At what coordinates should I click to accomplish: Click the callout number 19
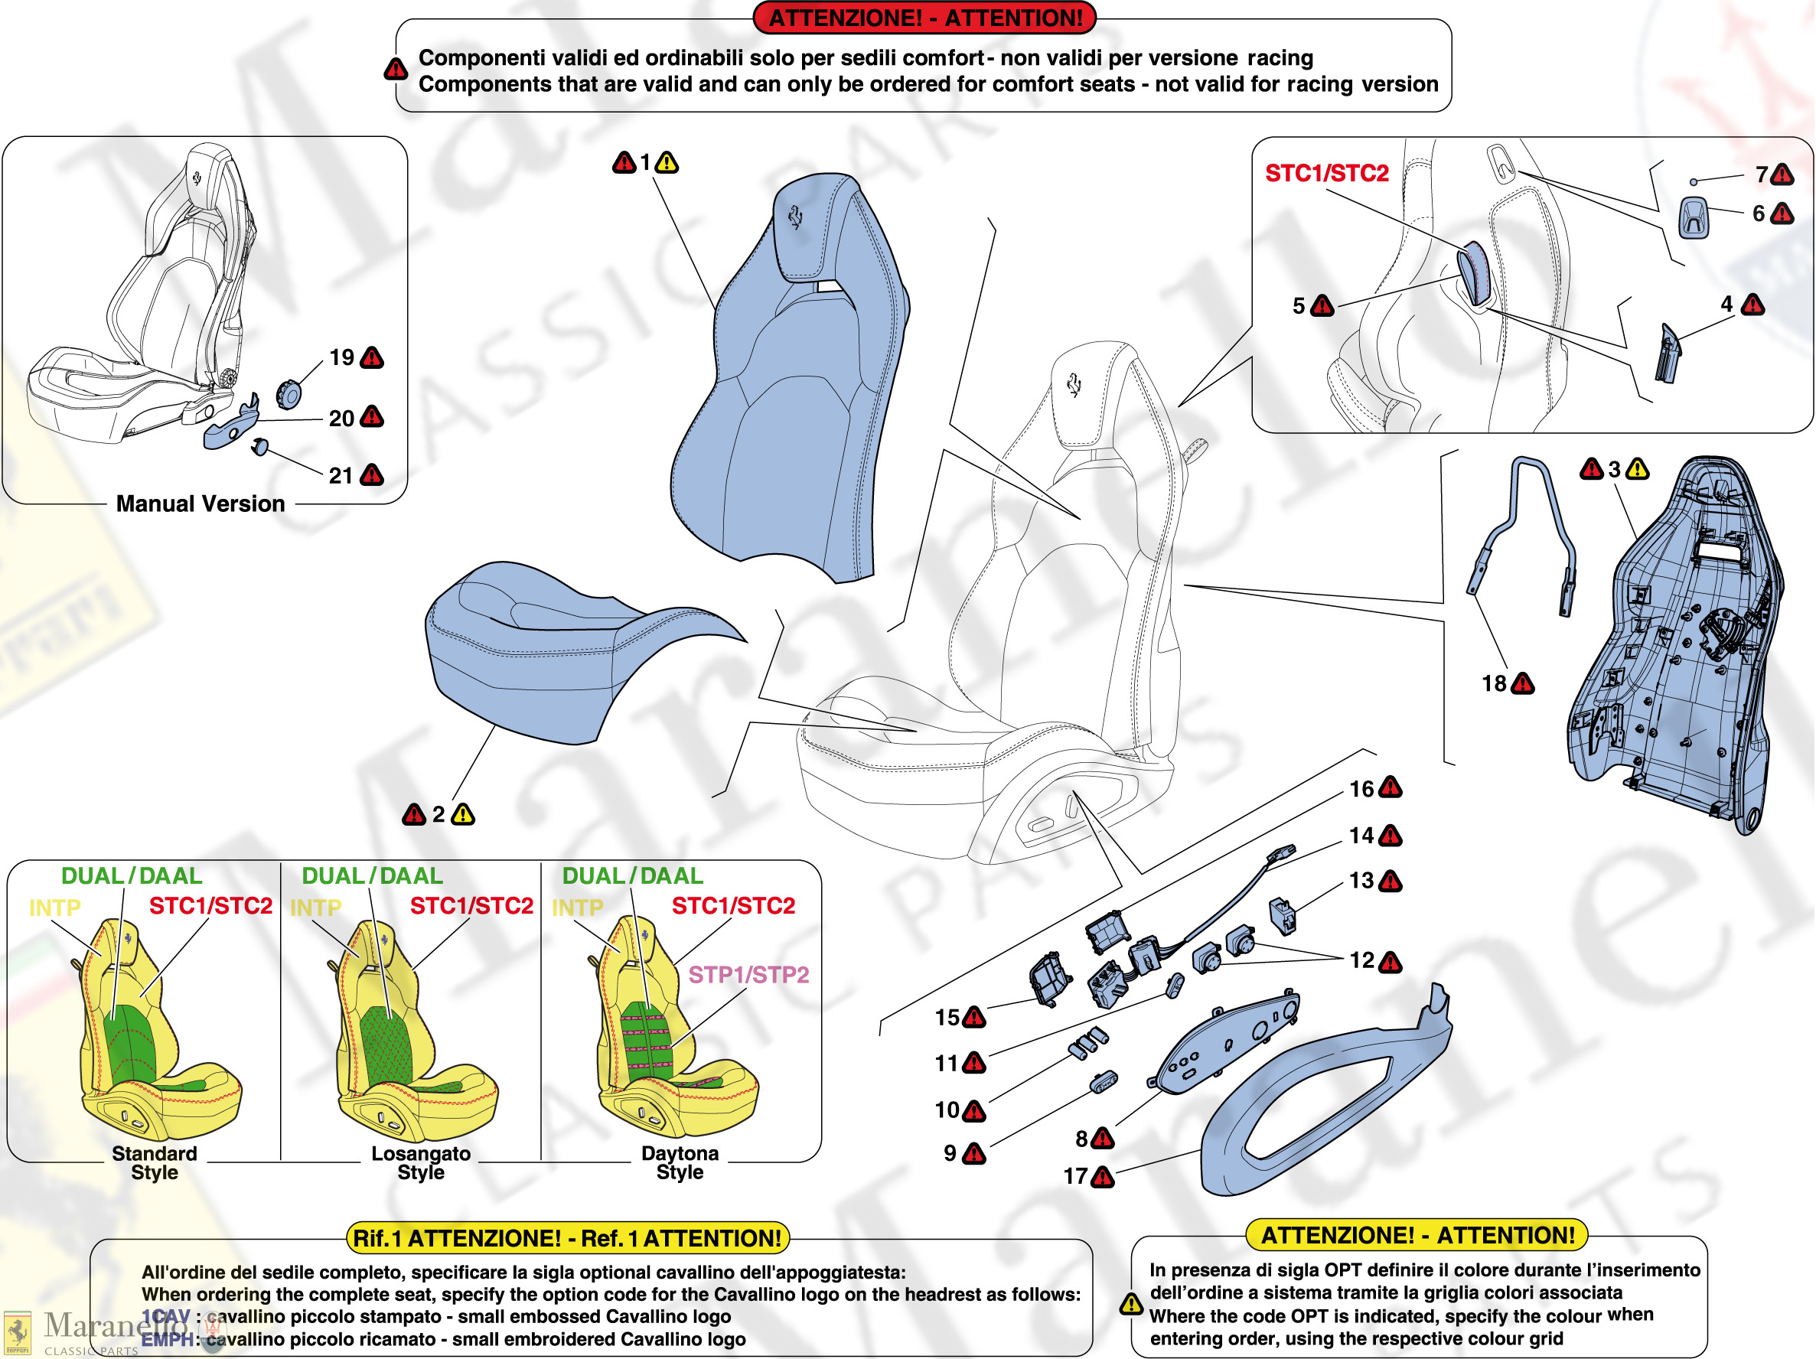click(x=341, y=358)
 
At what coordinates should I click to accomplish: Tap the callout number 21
click(x=341, y=476)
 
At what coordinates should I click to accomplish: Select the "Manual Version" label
click(x=201, y=504)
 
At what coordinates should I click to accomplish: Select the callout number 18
click(x=1493, y=683)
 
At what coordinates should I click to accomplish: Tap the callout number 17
click(x=1075, y=1177)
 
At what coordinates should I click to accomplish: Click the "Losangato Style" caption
click(x=421, y=1163)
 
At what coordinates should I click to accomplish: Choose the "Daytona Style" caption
click(x=680, y=1163)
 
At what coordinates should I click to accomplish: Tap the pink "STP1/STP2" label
click(x=748, y=975)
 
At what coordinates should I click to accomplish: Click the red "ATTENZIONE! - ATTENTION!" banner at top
click(x=925, y=18)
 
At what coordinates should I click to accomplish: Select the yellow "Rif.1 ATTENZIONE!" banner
click(x=567, y=1238)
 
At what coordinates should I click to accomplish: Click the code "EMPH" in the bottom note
click(x=167, y=1339)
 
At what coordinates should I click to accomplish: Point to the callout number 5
click(x=1298, y=306)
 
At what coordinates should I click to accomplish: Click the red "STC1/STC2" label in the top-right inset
click(x=1327, y=173)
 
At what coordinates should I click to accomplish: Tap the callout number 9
click(x=950, y=1154)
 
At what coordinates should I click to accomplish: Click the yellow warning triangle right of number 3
click(x=1637, y=469)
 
